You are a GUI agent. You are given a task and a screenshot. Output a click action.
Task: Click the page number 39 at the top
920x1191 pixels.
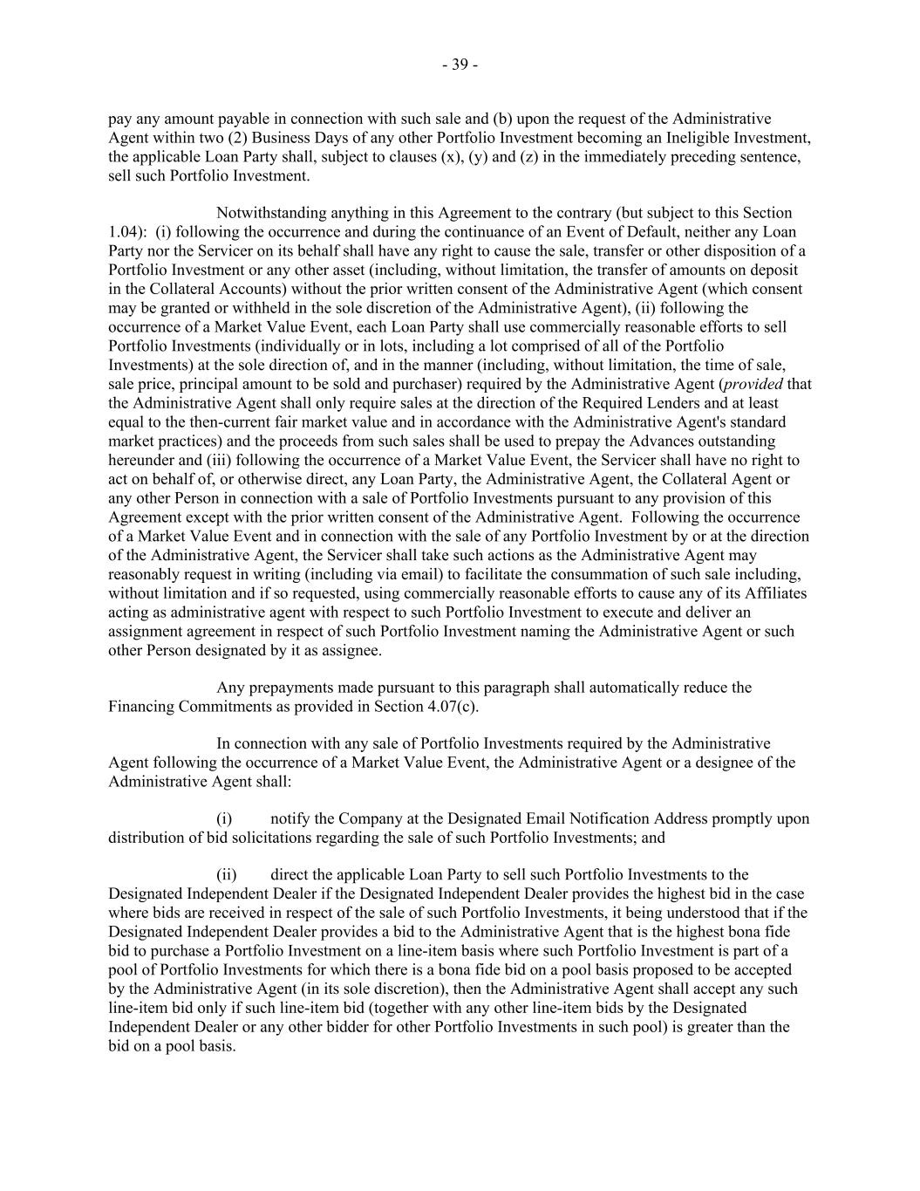[460, 65]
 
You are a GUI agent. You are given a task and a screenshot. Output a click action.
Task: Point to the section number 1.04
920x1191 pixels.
[122, 232]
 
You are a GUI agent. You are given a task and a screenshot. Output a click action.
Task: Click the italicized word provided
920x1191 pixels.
[758, 384]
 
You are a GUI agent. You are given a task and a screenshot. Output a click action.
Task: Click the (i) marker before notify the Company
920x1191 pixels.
[224, 819]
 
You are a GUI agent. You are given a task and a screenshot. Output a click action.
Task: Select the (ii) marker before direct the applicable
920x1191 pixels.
[226, 875]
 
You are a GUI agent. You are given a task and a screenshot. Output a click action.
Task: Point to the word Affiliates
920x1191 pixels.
[773, 593]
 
